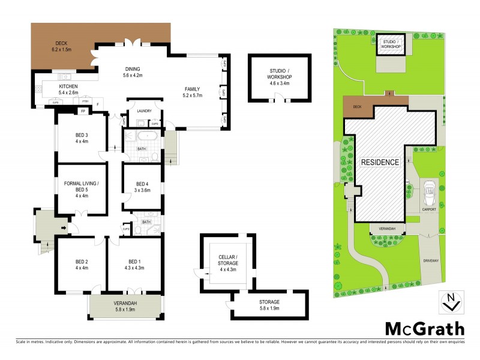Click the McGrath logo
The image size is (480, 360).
[x=425, y=328]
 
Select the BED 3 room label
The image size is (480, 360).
[x=82, y=134]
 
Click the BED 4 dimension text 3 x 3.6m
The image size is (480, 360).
[x=142, y=190]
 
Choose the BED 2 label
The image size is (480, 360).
[x=82, y=262]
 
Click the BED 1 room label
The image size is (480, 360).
[x=134, y=262]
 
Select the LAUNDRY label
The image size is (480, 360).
[x=144, y=111]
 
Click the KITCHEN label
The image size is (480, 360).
[x=68, y=86]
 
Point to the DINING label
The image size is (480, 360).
[x=132, y=69]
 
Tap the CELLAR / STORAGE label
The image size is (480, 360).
[x=227, y=259]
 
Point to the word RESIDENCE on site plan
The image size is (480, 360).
[x=379, y=162]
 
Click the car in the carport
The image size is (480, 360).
[x=428, y=192]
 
